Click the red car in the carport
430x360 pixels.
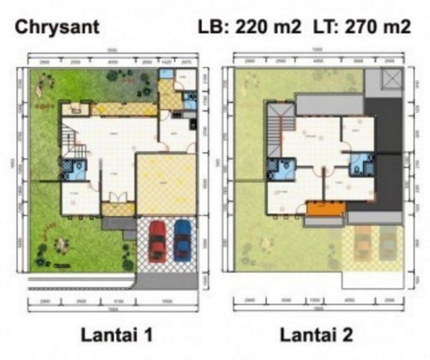157,241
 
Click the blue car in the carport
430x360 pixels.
182,240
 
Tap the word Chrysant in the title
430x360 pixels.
57,27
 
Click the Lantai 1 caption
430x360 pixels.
116,334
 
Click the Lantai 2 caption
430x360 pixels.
316,334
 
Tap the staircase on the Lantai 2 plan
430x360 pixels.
275,130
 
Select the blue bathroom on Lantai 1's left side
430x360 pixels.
74,170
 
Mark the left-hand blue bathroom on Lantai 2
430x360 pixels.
280,169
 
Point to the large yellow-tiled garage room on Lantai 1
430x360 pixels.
166,184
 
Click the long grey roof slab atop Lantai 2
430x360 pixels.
329,105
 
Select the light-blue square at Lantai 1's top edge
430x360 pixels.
166,74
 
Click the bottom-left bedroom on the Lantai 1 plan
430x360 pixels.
80,198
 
